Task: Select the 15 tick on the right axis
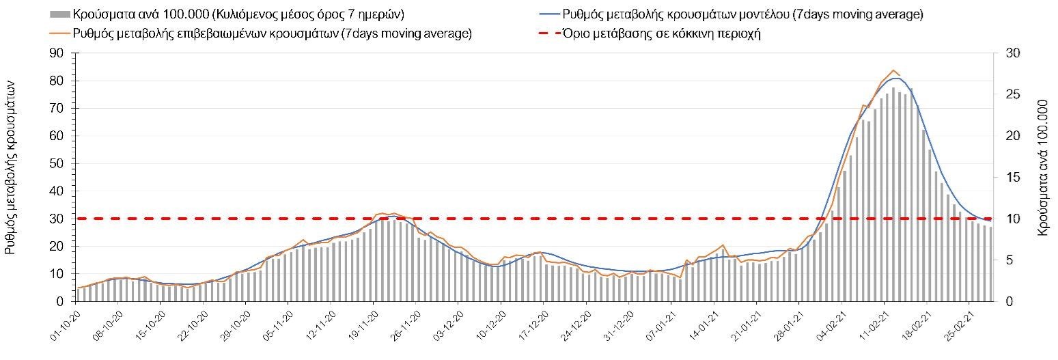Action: point(1006,178)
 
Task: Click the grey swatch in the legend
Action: point(60,14)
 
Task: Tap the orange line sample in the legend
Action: point(61,33)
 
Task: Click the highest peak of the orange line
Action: point(893,70)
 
